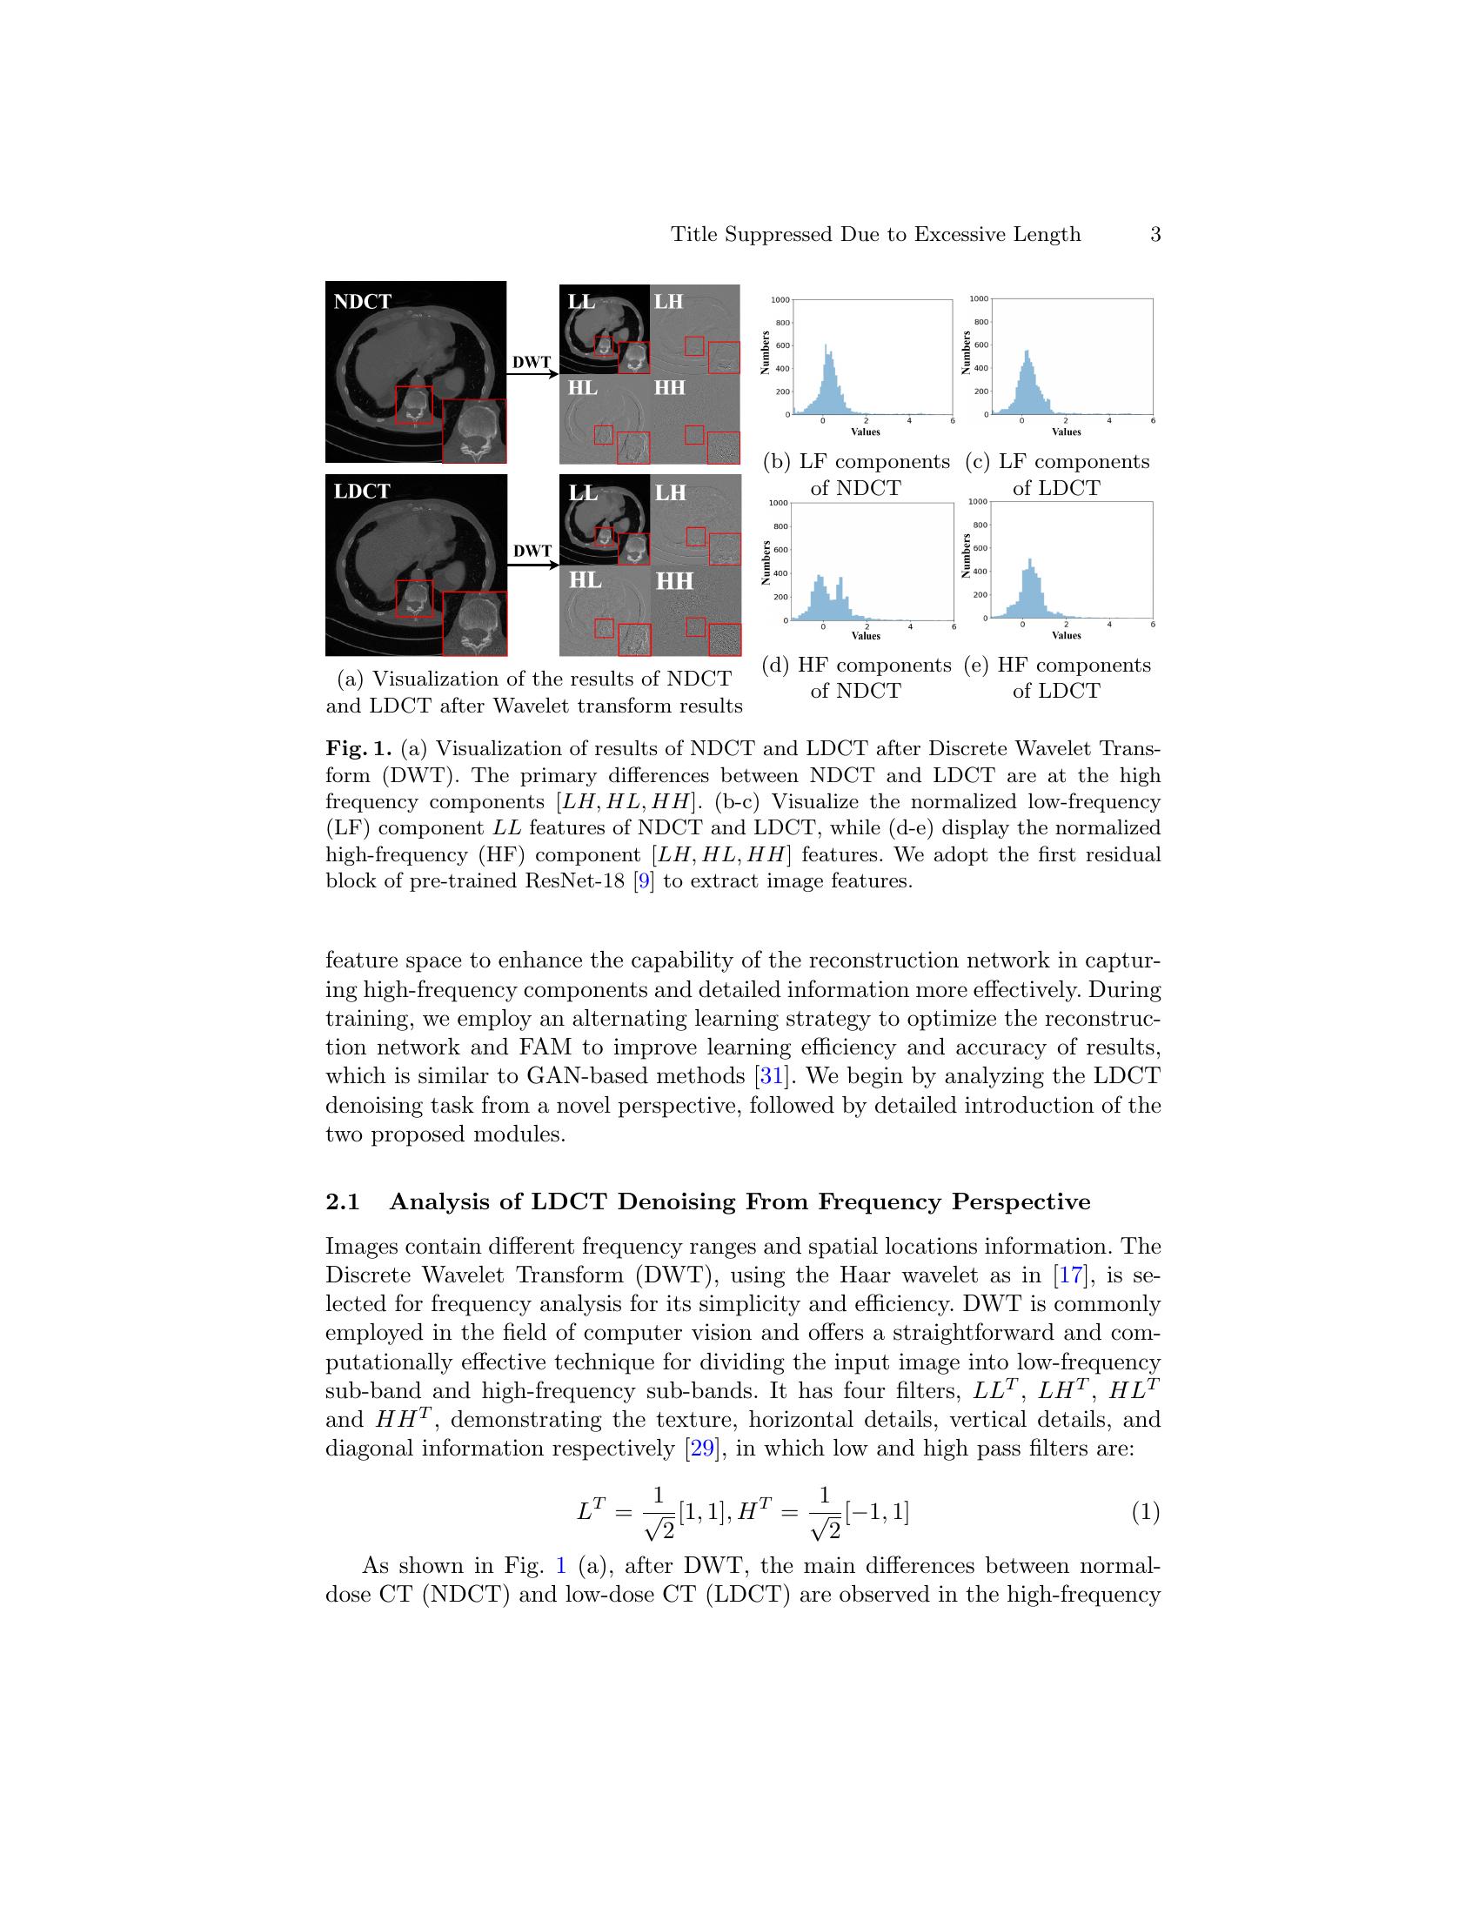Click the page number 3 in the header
click(1154, 235)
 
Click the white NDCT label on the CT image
click(362, 303)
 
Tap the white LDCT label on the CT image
click(362, 492)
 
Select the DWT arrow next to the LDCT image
click(532, 564)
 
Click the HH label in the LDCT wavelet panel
click(674, 581)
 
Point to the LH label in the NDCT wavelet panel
click(668, 303)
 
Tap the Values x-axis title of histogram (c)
click(1067, 432)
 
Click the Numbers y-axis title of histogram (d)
click(766, 563)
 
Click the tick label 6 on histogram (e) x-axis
click(1152, 625)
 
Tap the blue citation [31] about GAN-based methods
click(770, 1076)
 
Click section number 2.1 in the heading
click(343, 1201)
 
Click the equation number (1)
click(1144, 1512)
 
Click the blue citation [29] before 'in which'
click(703, 1449)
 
